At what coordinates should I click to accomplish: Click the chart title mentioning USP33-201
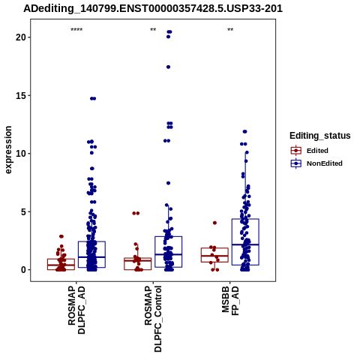pos(153,8)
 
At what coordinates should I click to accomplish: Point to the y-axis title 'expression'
pos(8,150)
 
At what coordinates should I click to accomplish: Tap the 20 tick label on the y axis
pos(21,37)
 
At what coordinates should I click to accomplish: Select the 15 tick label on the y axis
pos(21,95)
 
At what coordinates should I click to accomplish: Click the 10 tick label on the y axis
pos(21,154)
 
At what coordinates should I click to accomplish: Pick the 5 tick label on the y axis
pos(24,211)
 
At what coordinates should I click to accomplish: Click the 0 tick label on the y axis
pos(24,270)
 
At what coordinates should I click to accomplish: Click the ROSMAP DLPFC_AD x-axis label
pos(76,310)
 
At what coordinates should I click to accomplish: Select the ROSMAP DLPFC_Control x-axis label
pos(153,319)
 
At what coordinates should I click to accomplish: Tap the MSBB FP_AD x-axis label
pos(230,301)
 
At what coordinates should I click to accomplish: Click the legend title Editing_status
pos(320,136)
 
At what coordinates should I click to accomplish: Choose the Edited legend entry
pos(309,151)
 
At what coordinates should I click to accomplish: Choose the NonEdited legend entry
pos(316,163)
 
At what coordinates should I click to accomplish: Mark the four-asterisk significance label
pos(76,30)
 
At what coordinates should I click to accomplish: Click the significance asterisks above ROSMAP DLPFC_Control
pos(153,30)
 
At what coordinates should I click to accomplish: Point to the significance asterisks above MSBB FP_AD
pos(230,30)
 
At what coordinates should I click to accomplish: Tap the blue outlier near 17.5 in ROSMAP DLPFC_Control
pos(168,67)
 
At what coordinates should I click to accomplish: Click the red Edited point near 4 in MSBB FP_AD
pos(214,223)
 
